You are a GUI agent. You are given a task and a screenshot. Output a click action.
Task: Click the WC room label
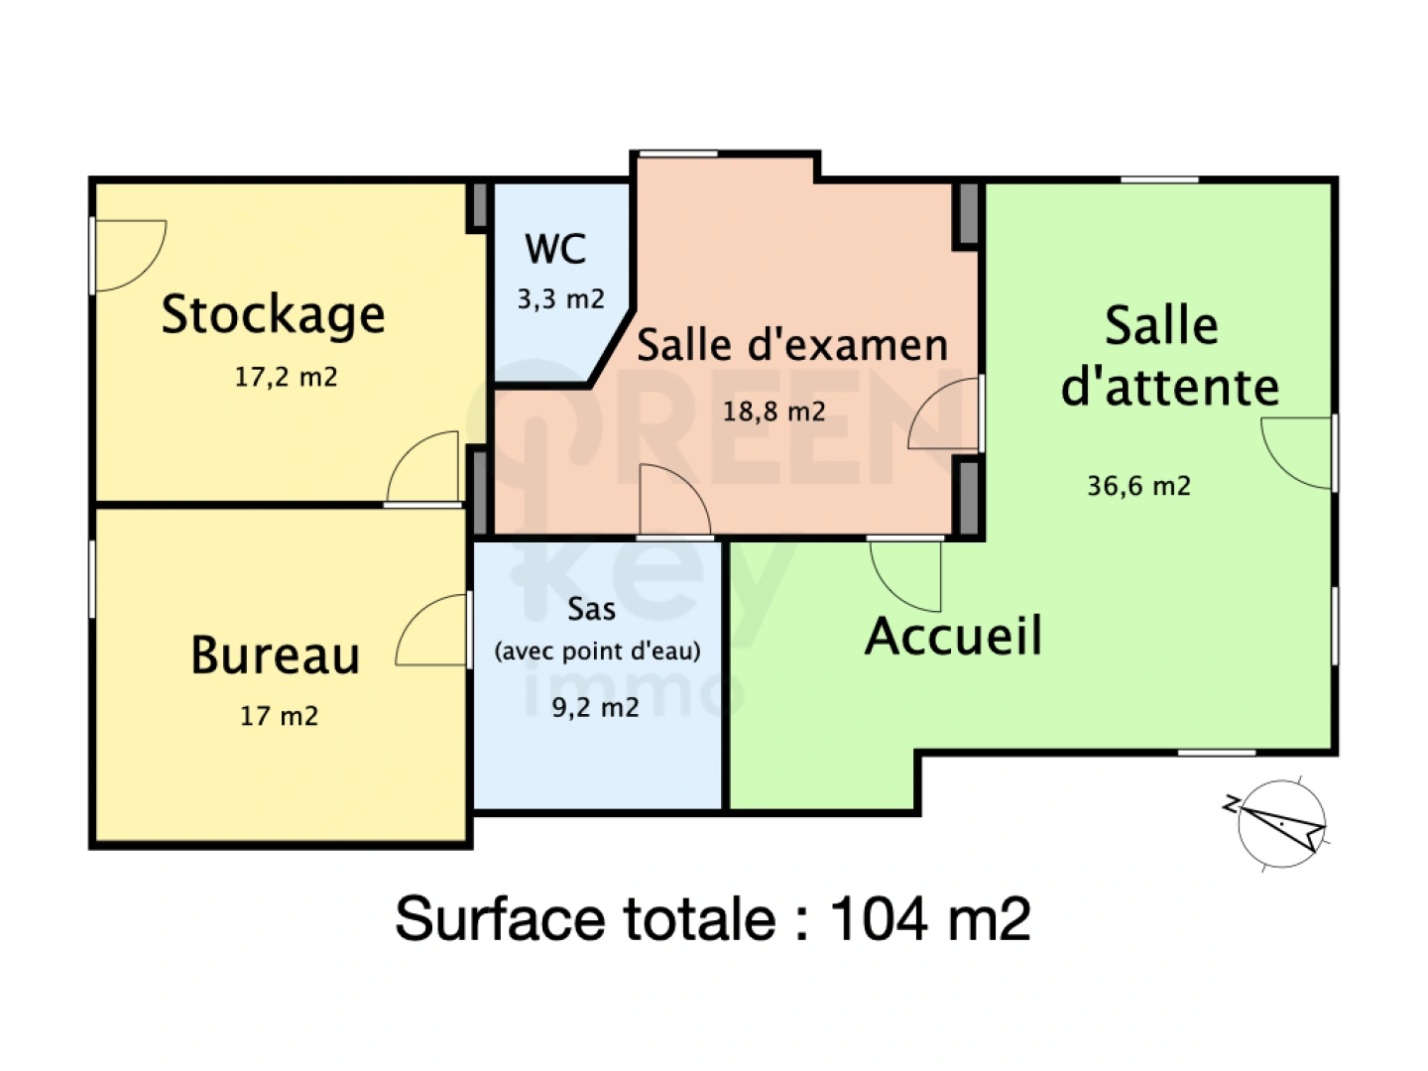point(555,249)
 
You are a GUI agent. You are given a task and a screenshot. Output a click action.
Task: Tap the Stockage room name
point(273,315)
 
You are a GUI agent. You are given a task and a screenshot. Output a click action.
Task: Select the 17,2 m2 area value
point(286,378)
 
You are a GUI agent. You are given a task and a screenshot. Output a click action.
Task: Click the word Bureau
point(275,656)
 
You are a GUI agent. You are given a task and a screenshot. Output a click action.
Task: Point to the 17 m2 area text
point(279,716)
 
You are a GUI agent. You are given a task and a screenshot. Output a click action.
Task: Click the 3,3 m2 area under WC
point(560,299)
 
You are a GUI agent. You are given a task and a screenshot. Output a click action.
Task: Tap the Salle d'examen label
point(791,345)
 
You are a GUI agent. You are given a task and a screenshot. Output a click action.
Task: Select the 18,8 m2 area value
point(773,412)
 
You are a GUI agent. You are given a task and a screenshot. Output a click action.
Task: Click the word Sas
point(591,609)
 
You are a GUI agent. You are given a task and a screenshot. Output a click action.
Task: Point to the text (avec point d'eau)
point(597,652)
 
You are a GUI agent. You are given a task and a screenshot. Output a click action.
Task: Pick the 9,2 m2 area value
point(595,708)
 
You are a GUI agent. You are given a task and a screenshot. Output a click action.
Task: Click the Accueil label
point(953,637)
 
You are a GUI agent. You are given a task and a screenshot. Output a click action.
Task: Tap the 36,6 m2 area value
point(1138,486)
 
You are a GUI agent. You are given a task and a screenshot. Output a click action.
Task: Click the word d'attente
point(1170,387)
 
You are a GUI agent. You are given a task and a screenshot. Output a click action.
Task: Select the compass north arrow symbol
point(1280,822)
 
